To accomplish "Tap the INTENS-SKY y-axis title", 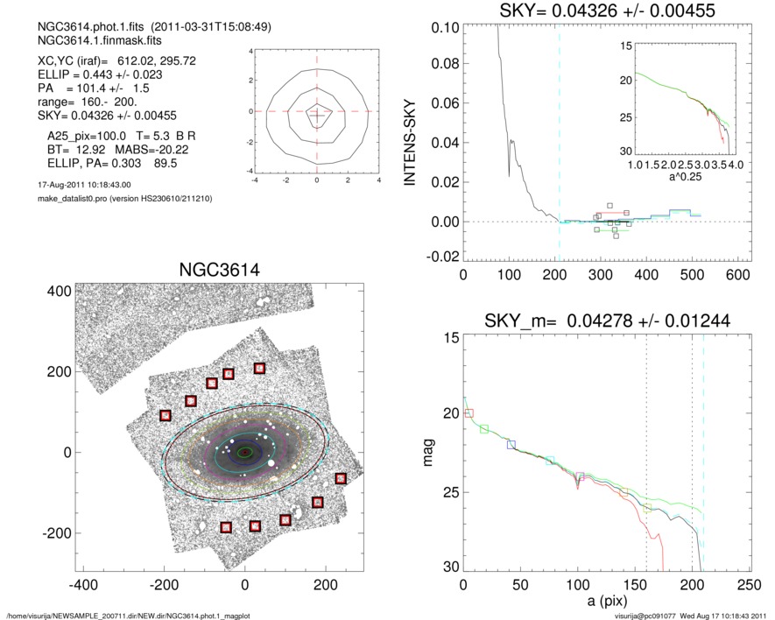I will coord(408,140).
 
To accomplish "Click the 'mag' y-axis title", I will coord(428,453).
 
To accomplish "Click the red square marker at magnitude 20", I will coord(469,412).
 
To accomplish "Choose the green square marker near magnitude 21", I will coord(484,428).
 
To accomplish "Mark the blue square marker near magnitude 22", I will coord(511,445).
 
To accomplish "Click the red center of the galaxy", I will coord(244,452).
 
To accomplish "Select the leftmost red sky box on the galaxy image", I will coord(166,415).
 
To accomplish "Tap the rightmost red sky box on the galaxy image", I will coord(340,478).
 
